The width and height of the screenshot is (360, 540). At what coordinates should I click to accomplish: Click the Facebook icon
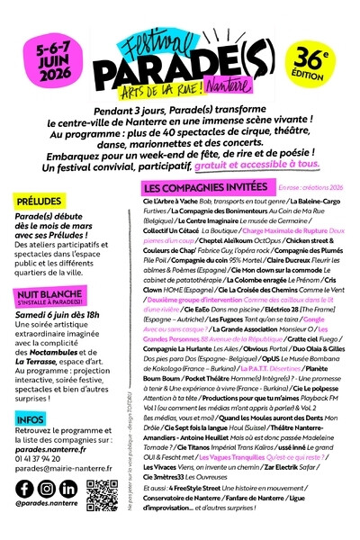click(x=23, y=490)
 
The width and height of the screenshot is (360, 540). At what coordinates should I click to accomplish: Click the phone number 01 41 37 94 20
click(x=49, y=456)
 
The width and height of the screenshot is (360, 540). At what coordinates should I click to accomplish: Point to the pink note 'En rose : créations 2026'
click(x=297, y=212)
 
